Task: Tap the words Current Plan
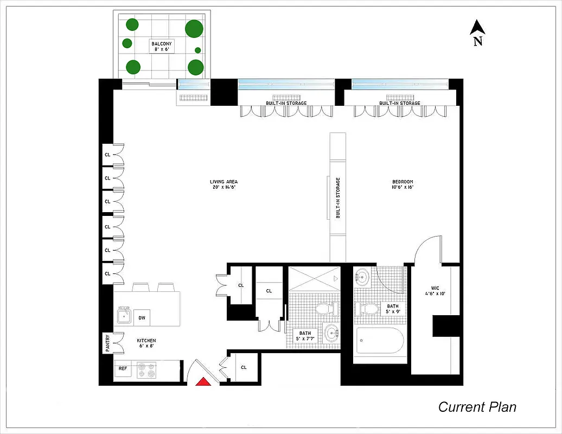coord(477,407)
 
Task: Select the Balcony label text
coord(162,47)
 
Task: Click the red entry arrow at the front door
coord(202,381)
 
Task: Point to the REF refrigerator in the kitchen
coord(123,369)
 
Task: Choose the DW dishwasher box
coord(142,318)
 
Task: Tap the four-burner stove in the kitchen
coord(146,369)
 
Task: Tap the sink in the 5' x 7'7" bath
coord(330,333)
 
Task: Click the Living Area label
coord(223,184)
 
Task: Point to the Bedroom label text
coord(403,184)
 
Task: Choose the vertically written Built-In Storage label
coord(337,198)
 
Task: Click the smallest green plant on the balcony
coord(198,50)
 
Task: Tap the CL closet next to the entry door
coord(244,367)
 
